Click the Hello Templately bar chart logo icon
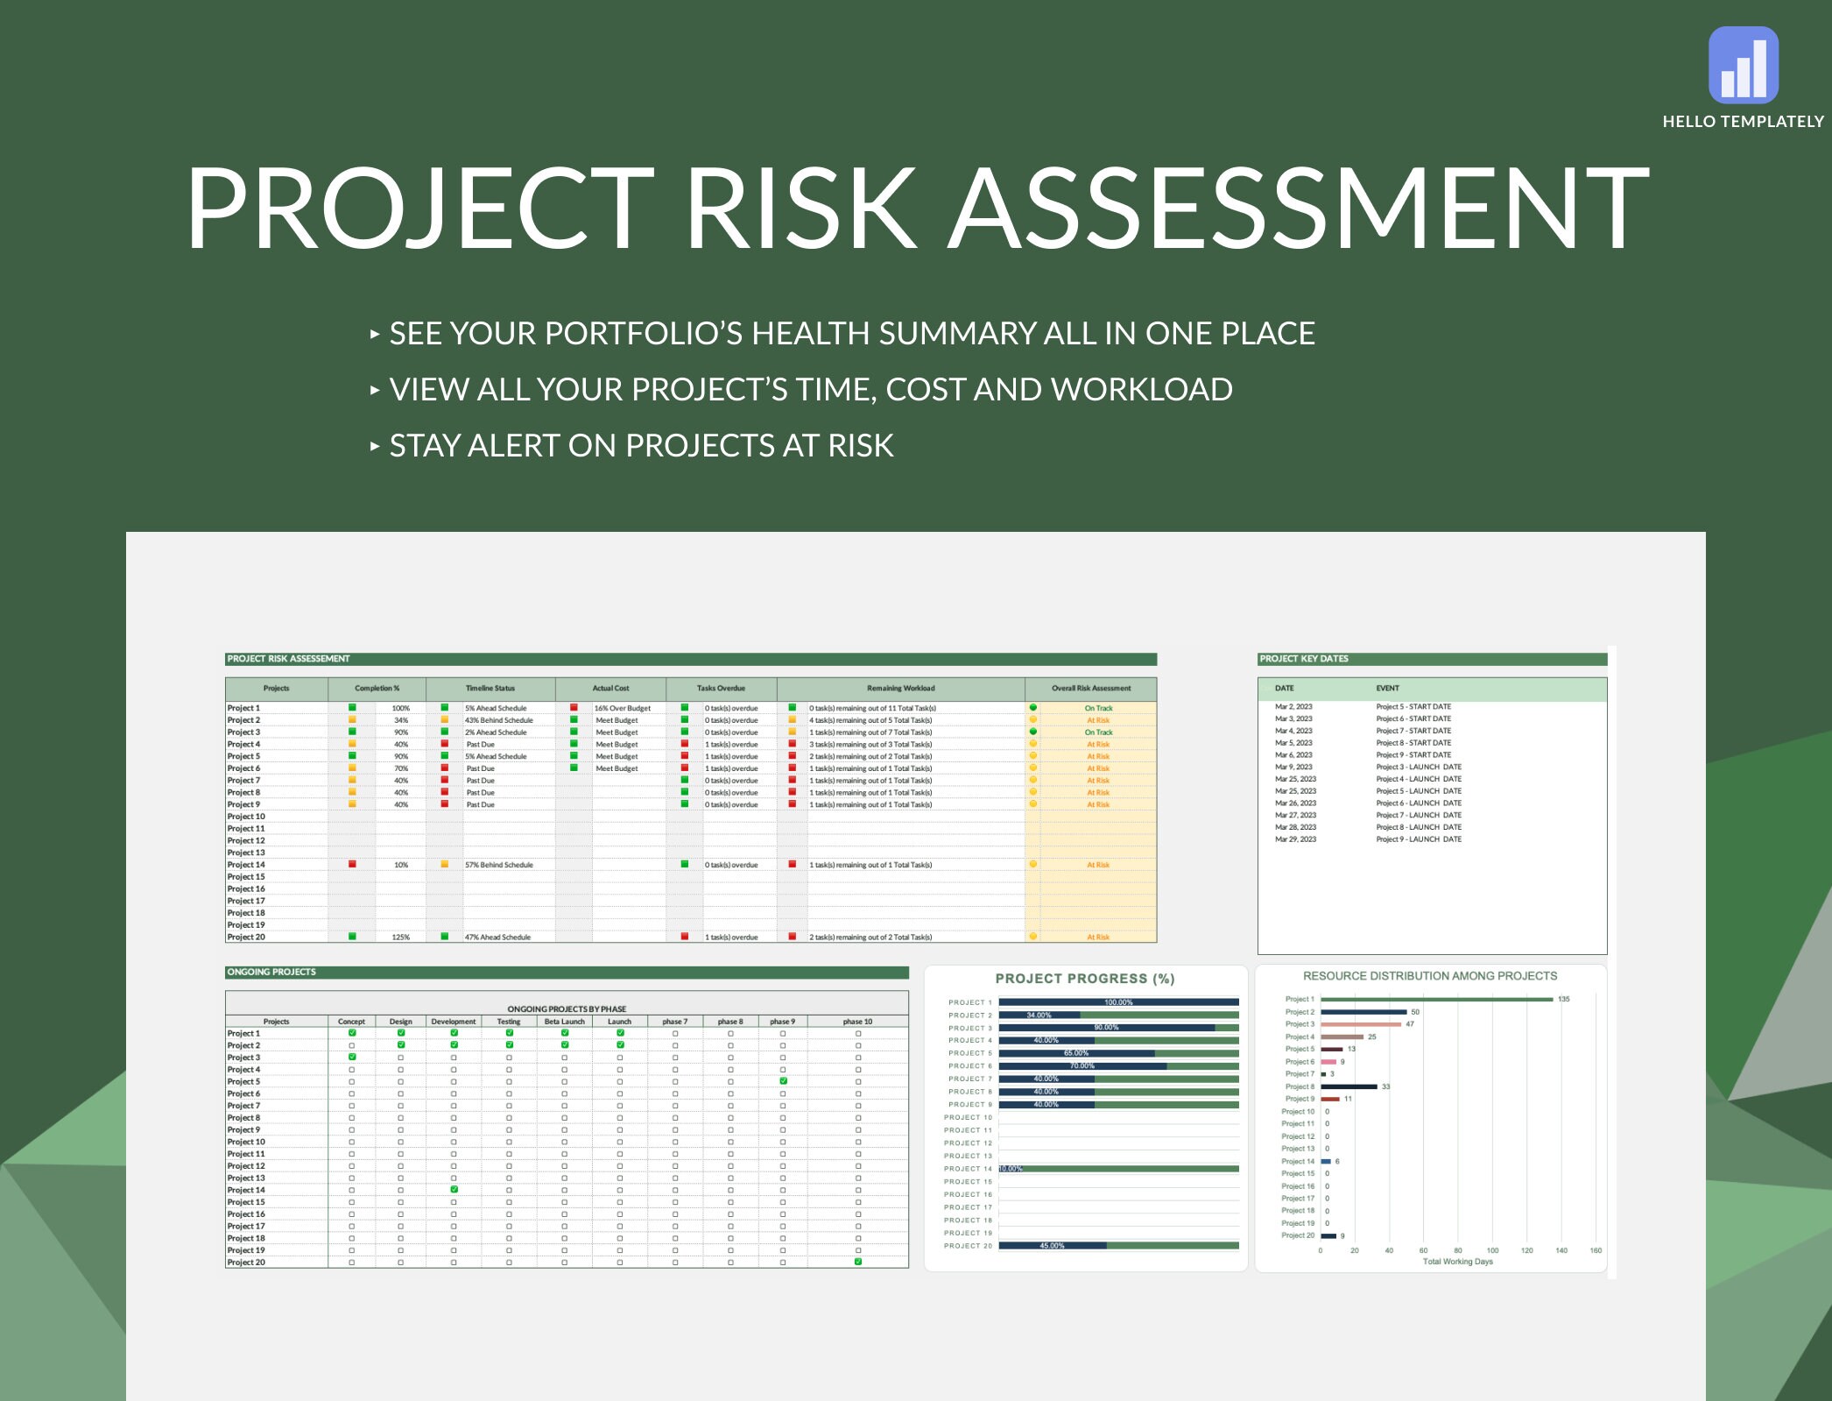click(x=1743, y=65)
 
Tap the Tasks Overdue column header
click(x=721, y=689)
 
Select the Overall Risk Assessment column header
click(x=1090, y=689)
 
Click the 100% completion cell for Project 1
click(x=400, y=708)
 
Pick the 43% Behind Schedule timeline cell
click(x=498, y=720)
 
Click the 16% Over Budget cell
click(x=622, y=708)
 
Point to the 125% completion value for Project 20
click(x=400, y=938)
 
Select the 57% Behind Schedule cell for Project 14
click(x=498, y=865)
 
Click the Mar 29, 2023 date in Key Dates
click(x=1295, y=839)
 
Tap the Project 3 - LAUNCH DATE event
click(x=1418, y=768)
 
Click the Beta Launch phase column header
click(x=564, y=1022)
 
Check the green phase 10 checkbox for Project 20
click(x=857, y=1263)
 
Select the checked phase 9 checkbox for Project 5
click(x=783, y=1081)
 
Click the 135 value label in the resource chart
click(x=1563, y=1000)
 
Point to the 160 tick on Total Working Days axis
click(x=1595, y=1251)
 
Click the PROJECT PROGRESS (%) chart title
click(x=1084, y=979)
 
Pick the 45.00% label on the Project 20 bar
click(x=1052, y=1246)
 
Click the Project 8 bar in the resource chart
click(x=1349, y=1086)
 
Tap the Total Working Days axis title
click(x=1457, y=1263)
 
